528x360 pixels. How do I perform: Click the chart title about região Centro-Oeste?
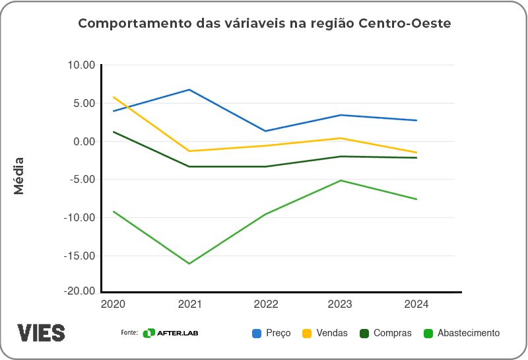tap(264, 24)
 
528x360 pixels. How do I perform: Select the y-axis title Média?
tap(19, 175)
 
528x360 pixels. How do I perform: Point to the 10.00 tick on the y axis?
tap(82, 65)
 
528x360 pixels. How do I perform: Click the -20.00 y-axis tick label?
tap(80, 291)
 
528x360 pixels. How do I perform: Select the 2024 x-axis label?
tap(416, 305)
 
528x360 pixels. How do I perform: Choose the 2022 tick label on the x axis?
tap(265, 305)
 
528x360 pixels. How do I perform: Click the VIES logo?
tap(41, 332)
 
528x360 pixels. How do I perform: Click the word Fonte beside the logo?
tap(129, 332)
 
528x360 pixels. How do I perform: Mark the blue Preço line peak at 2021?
tap(189, 90)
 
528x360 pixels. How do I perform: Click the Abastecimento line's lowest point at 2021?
tap(189, 264)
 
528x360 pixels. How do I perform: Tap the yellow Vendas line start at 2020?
tap(114, 97)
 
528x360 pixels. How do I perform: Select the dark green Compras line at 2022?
tap(265, 166)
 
